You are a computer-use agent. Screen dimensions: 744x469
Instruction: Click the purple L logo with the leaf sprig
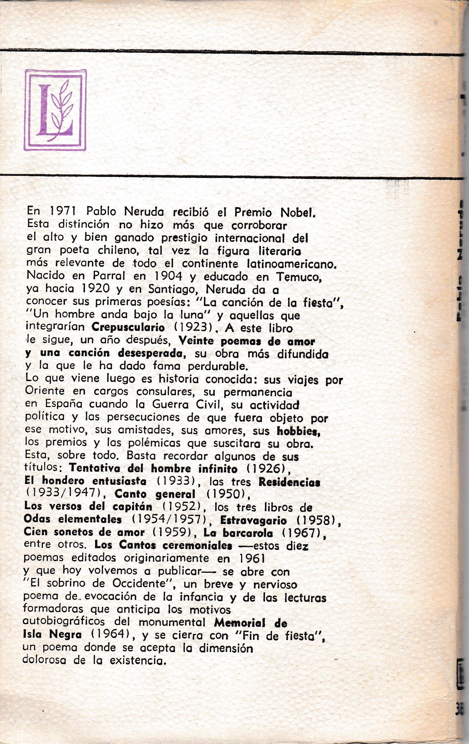click(55, 110)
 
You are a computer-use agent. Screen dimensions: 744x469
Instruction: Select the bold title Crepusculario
click(128, 327)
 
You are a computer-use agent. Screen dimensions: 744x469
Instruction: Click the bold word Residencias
click(289, 482)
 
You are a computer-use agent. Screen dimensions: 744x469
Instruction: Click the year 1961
click(252, 559)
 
